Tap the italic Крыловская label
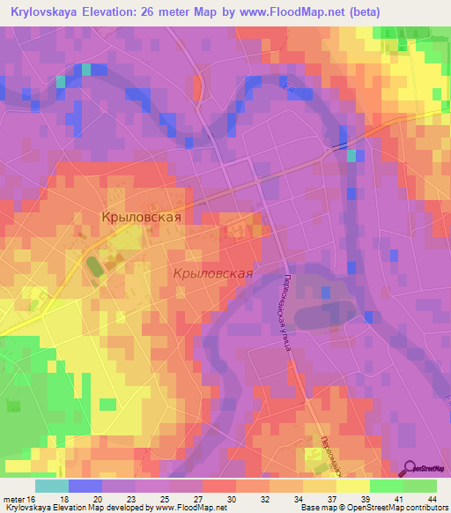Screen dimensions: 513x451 click(213, 273)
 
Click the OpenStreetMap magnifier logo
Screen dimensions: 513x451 click(410, 467)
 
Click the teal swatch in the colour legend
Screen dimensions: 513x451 click(52, 485)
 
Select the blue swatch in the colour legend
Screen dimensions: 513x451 click(85, 485)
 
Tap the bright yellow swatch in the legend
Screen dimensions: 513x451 click(352, 485)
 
